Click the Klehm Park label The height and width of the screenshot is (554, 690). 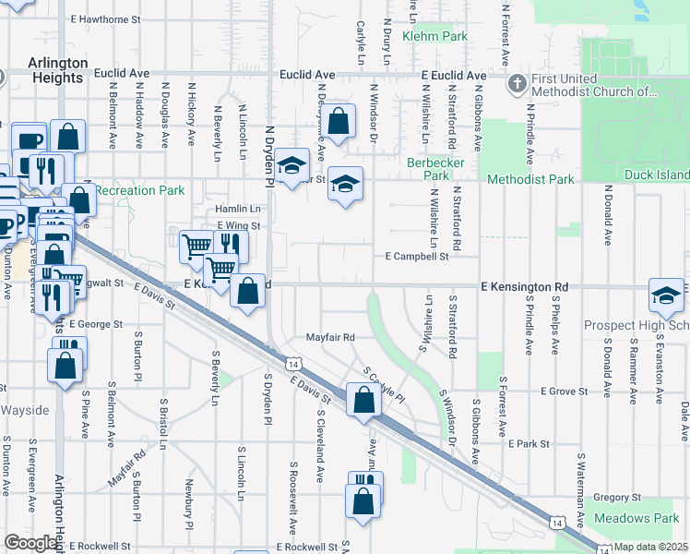coord(435,37)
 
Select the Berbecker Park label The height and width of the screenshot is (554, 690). coord(428,169)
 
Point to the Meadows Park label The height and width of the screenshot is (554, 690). coord(636,519)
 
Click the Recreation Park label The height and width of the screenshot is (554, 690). coord(139,190)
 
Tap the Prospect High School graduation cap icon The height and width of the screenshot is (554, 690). coord(666,295)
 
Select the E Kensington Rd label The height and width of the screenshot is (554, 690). coord(524,288)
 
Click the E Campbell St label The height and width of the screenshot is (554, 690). coord(416,256)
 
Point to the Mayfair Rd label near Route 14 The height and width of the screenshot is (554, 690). coord(330,338)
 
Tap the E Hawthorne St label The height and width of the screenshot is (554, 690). coord(106,18)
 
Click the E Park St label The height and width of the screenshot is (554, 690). coord(528,444)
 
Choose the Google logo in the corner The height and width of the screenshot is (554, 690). coord(30,543)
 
